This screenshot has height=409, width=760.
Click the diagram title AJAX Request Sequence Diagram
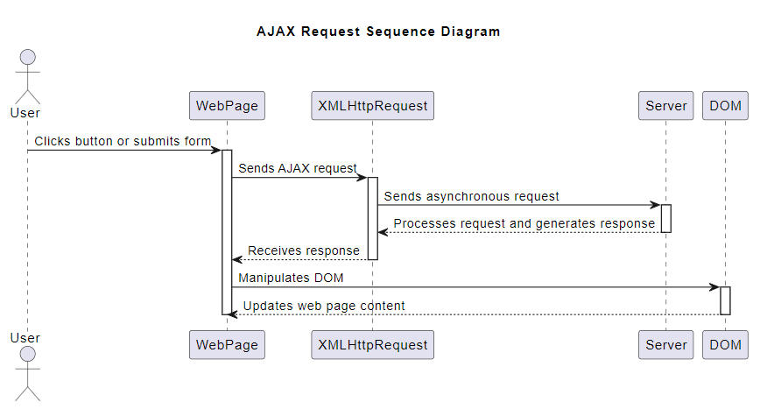378,32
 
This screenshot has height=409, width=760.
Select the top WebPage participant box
227,106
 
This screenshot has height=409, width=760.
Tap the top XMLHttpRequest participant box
372,106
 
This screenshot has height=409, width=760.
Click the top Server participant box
665,106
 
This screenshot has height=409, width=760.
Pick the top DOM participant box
725,106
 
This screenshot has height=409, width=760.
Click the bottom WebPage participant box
227,345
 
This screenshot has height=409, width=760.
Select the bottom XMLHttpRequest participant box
372,345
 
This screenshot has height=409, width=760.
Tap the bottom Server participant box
665,345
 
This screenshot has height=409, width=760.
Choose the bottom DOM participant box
725,345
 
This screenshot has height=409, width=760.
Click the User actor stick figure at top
27,77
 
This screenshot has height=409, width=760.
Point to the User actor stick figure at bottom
27,371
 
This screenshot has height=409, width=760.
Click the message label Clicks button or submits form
123,141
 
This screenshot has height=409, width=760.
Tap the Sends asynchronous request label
471,196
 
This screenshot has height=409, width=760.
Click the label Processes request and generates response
524,223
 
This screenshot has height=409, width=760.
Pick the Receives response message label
304,250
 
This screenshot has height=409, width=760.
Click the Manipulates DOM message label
291,279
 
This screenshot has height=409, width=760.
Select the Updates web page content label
324,306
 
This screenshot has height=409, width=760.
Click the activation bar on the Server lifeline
665,218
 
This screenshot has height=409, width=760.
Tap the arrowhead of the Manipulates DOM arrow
714,287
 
